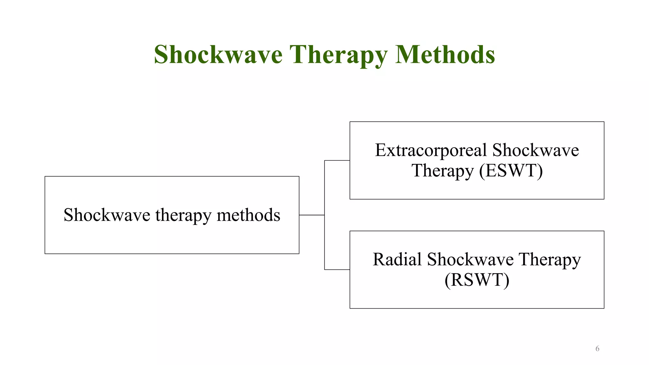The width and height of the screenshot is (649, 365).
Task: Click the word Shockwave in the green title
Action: tap(218, 54)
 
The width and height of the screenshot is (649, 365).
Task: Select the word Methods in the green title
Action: tap(445, 54)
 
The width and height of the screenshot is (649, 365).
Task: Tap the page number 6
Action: tap(597, 349)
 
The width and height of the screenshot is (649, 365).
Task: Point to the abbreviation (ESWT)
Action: tap(511, 171)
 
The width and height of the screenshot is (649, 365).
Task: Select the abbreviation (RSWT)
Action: tap(477, 280)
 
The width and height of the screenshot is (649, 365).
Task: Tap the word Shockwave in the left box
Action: tap(107, 215)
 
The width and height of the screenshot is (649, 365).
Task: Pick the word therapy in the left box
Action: tap(183, 215)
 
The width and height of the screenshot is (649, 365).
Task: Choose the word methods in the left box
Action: tap(248, 215)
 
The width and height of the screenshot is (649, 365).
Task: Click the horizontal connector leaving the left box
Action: tap(312, 215)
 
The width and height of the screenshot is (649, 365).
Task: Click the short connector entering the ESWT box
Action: tap(337, 161)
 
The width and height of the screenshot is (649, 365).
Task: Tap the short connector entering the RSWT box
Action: tap(337, 270)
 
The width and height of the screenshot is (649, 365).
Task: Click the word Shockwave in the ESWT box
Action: tap(536, 150)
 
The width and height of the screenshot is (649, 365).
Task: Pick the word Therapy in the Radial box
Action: tap(549, 260)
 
